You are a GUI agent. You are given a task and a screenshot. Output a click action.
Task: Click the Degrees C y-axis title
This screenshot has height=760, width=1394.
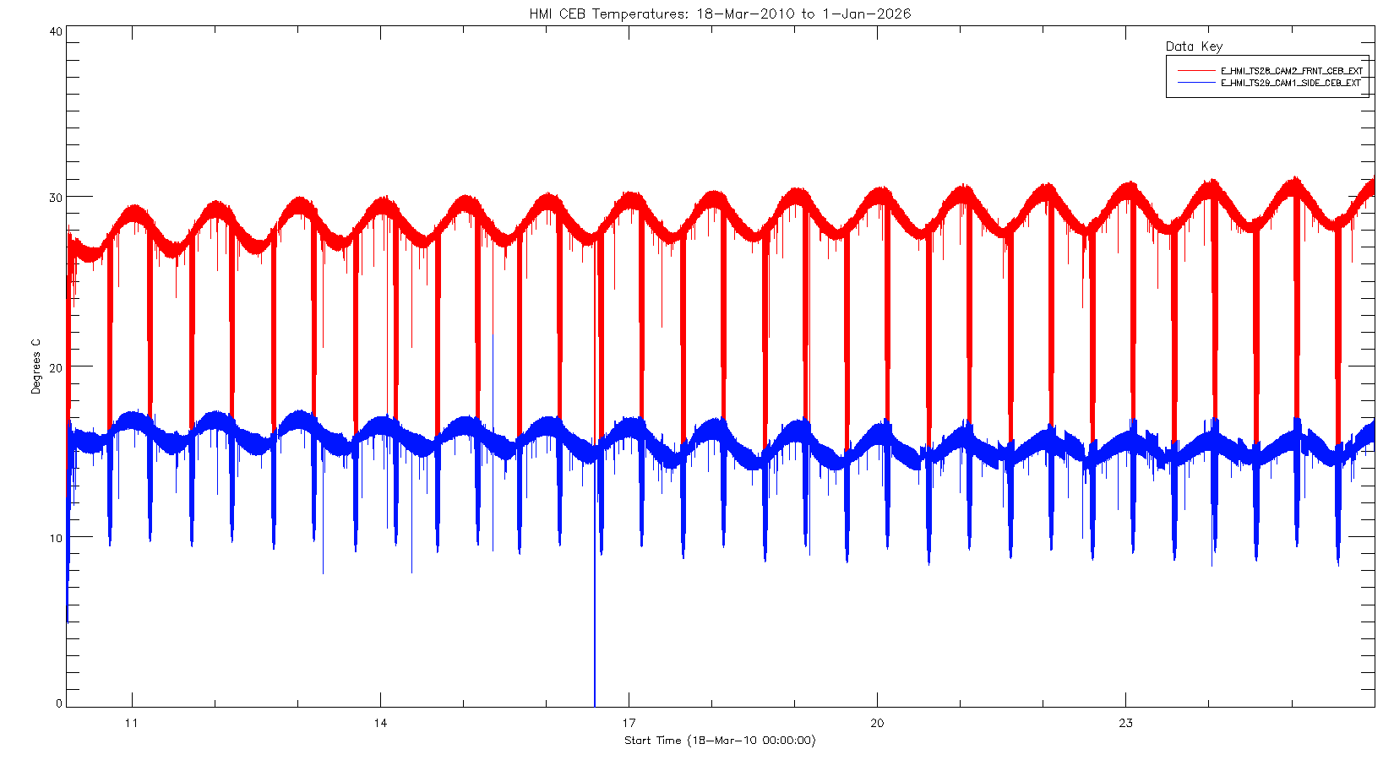coord(35,366)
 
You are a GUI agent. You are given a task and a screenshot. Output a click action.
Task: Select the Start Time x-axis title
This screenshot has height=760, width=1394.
coord(720,741)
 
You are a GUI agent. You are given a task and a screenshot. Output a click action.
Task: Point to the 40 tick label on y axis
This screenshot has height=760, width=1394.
coord(56,31)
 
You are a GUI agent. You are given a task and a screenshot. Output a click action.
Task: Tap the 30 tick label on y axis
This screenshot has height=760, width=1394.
coord(56,198)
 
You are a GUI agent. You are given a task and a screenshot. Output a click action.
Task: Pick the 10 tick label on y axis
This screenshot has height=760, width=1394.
coord(56,538)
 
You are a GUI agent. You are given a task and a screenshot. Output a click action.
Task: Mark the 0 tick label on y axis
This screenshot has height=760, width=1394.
coord(59,703)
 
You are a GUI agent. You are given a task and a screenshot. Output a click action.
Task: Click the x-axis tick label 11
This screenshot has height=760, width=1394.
coord(132,723)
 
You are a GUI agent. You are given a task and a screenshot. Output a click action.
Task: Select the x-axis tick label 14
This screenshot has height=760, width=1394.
coord(380,723)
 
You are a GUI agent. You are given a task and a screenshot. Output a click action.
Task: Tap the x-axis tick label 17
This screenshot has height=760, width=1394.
coord(629,723)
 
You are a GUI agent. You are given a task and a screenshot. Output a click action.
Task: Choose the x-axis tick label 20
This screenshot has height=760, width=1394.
coord(877,723)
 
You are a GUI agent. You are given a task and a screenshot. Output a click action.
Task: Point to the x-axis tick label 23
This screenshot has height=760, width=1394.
coord(1125,723)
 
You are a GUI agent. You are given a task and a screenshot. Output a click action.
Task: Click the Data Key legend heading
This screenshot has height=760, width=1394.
coord(1194,46)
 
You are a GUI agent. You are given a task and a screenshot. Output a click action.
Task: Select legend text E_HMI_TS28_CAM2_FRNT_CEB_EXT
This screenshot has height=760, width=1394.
coord(1291,71)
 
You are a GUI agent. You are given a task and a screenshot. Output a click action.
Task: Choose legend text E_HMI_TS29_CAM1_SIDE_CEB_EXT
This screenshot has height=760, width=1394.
coord(1291,83)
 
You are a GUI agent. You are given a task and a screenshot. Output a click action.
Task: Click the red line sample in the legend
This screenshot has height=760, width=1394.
coord(1195,71)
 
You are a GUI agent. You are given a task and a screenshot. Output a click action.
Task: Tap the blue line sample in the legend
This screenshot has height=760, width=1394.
coord(1195,83)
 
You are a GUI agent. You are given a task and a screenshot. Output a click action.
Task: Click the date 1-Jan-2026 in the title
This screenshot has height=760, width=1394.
coord(866,14)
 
